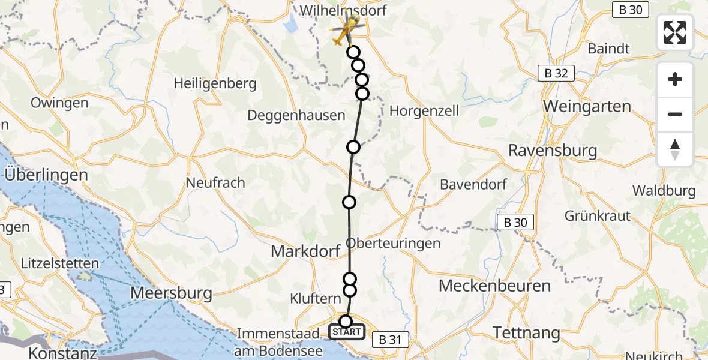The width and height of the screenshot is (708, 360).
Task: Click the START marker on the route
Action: [346, 331]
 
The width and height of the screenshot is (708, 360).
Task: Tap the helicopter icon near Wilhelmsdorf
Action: [347, 29]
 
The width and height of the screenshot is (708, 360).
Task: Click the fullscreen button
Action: [675, 32]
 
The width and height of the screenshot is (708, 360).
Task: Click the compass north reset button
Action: [675, 149]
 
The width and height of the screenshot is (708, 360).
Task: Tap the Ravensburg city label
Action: [553, 150]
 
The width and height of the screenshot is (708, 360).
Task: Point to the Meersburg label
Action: [172, 293]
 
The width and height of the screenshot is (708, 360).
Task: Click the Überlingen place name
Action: [46, 175]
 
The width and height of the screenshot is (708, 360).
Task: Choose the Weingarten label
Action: [587, 107]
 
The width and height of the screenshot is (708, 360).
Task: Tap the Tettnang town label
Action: [526, 332]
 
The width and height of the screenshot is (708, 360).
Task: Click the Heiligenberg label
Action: [215, 83]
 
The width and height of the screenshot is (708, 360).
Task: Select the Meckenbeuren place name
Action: [494, 286]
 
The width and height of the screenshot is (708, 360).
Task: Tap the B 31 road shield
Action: [390, 340]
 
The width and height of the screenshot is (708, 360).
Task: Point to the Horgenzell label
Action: [424, 110]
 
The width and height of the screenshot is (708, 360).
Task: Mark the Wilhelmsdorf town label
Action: [343, 10]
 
